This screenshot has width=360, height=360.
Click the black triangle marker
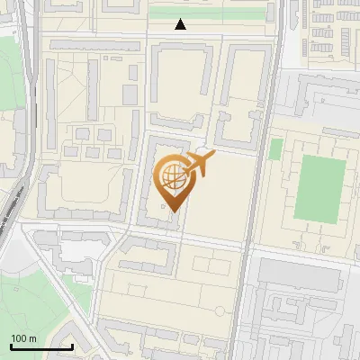pyautogui.click(x=182, y=24)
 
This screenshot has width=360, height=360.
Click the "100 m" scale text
pyautogui.click(x=23, y=338)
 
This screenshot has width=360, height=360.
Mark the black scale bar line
pyautogui.click(x=41, y=346)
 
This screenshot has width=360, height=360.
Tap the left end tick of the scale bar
pyautogui.click(x=11, y=344)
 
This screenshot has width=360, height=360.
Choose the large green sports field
pyautogui.click(x=319, y=190)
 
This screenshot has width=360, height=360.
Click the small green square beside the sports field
pyautogui.click(x=275, y=148)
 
